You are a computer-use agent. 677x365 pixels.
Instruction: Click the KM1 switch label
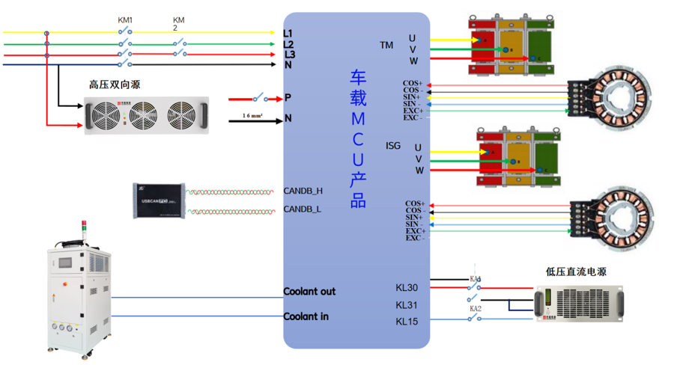126,20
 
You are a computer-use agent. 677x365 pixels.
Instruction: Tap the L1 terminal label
288,33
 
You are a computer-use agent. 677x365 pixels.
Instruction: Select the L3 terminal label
289,55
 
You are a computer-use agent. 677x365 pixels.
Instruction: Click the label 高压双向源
115,85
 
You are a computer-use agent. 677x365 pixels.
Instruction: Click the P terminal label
288,98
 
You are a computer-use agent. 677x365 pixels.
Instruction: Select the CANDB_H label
303,191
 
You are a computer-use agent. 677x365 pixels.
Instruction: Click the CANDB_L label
303,209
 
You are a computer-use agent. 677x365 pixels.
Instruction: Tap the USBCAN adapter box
158,201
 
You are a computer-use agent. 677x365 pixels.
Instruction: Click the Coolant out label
309,292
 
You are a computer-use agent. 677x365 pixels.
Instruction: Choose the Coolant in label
306,316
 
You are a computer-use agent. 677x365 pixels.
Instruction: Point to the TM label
386,46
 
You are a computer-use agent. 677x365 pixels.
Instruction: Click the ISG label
393,145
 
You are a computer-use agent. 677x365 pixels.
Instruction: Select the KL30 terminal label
407,287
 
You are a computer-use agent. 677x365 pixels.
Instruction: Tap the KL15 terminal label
407,322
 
